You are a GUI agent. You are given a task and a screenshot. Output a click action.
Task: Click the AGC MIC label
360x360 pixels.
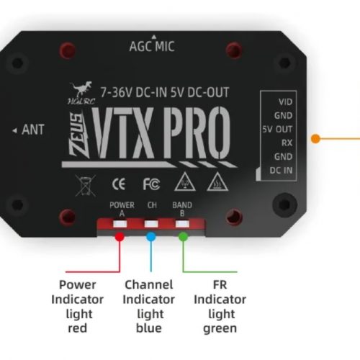[x=152, y=46]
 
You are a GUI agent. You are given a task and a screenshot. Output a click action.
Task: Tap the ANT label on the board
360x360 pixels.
[x=33, y=130]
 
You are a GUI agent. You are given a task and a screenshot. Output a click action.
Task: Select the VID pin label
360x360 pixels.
[x=285, y=102]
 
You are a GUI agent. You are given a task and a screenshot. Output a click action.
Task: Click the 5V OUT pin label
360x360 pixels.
[x=277, y=130]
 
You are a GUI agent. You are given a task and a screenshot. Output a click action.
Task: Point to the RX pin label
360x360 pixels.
[x=287, y=143]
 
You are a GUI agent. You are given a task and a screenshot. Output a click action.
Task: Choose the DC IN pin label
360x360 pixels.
[x=281, y=171]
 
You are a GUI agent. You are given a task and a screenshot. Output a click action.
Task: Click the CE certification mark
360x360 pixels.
[x=119, y=184]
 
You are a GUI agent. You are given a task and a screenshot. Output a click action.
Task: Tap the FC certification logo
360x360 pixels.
[x=151, y=184]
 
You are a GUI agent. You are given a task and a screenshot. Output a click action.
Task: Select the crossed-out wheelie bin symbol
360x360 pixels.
[x=85, y=185]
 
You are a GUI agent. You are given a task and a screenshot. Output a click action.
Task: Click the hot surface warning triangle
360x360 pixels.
[x=217, y=181]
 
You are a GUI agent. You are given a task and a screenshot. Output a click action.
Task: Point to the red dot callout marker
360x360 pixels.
[x=120, y=237]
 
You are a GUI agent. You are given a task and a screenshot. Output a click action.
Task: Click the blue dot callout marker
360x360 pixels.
[x=151, y=237]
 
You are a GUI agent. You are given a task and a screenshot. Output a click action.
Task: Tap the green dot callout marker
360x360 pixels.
[x=183, y=237]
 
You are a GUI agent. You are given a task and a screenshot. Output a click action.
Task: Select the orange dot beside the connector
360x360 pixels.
[x=315, y=139]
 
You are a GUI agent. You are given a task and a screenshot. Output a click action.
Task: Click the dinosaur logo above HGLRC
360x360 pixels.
[x=81, y=89]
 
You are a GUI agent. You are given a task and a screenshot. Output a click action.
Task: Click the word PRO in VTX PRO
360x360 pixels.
[x=197, y=132]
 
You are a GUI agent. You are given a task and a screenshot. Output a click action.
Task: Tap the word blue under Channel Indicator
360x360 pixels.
[x=149, y=328]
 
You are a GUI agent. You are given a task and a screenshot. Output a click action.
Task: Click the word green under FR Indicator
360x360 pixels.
[x=220, y=329]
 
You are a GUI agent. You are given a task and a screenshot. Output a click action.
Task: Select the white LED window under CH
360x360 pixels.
[x=151, y=224]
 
